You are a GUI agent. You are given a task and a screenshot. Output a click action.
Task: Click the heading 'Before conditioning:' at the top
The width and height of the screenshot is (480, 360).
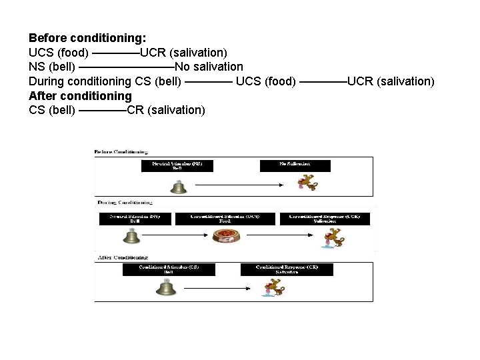pos(87,37)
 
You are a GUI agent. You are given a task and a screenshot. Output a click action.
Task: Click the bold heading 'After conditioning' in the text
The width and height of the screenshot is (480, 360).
pos(80,95)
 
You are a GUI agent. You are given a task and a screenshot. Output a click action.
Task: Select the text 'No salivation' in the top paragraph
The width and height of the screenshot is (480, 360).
pos(209,67)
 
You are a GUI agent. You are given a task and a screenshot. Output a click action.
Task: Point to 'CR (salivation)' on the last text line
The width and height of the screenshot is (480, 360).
pos(165,110)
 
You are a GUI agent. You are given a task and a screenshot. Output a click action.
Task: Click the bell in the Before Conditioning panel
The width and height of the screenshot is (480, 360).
pos(177,185)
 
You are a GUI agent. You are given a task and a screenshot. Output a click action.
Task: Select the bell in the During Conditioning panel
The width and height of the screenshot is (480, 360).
pos(132,236)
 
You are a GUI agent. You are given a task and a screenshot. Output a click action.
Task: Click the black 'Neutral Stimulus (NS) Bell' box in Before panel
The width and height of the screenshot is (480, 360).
pos(177,165)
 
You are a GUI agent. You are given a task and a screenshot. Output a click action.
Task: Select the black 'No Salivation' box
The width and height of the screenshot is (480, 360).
pos(295,165)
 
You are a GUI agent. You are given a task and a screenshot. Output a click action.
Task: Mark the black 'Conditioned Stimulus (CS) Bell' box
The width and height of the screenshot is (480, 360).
pos(169,269)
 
